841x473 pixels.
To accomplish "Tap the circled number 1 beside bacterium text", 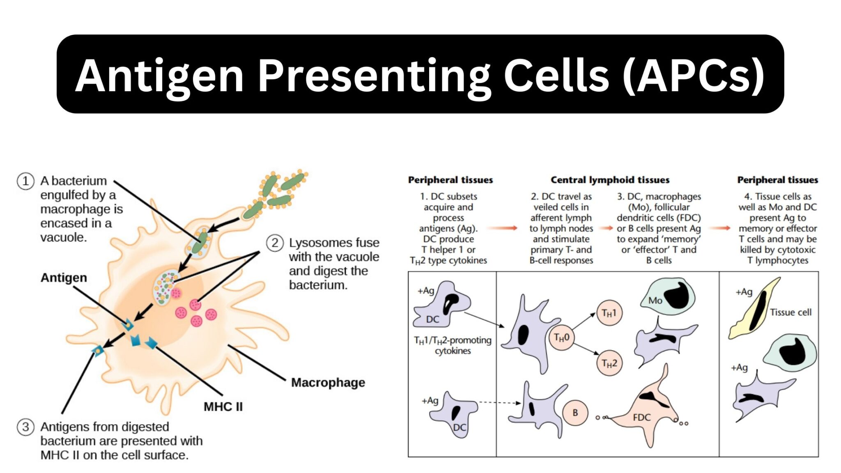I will [25, 181].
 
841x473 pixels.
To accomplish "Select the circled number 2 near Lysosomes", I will [275, 243].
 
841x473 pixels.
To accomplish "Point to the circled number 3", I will [25, 427].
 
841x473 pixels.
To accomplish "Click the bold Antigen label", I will [64, 278].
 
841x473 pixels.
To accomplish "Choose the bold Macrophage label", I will [328, 383].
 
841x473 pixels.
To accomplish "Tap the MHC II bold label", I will [223, 407].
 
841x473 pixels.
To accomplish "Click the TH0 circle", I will [561, 338].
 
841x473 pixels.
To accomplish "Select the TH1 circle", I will [609, 313].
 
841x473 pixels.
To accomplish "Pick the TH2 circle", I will [609, 363].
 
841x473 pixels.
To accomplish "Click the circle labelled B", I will [575, 413].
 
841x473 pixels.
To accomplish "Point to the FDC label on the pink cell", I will [641, 418].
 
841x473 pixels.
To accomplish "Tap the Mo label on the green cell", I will [655, 301].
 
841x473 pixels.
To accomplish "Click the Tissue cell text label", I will [790, 312].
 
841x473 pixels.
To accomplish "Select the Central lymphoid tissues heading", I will [610, 180].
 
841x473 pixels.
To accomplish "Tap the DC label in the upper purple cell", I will [432, 319].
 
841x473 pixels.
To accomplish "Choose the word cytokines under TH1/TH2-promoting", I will [453, 351].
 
